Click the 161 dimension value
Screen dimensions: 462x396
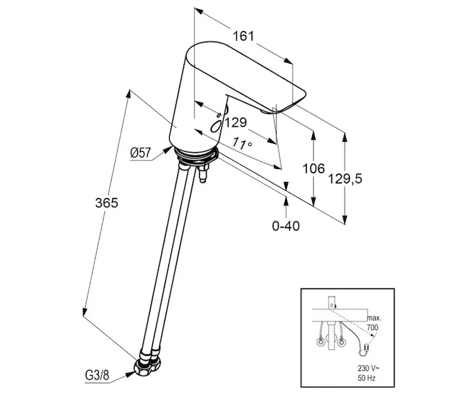point(243,36)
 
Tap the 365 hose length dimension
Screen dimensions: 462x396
point(107,203)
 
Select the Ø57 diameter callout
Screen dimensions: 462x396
point(141,152)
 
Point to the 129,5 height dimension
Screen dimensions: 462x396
point(345,179)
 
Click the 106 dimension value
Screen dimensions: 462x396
point(313,168)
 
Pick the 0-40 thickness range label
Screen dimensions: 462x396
point(286,226)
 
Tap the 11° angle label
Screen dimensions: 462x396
point(242,143)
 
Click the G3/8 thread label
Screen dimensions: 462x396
point(97,376)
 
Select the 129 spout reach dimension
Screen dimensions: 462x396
point(236,122)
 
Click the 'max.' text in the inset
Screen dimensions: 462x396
point(374,318)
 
